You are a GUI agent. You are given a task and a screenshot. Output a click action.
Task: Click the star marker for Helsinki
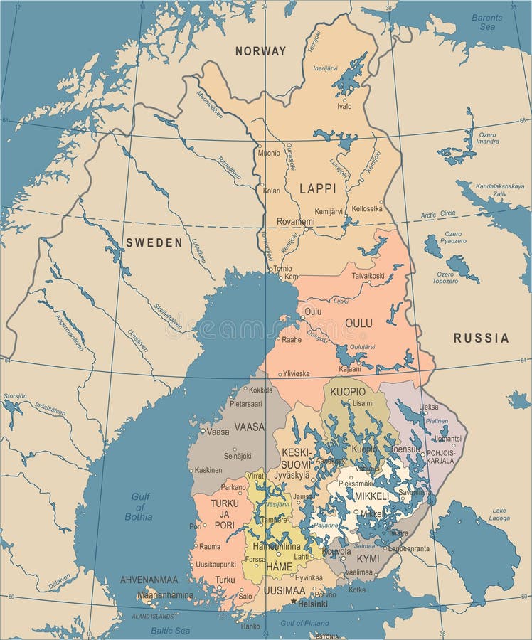point(294,601)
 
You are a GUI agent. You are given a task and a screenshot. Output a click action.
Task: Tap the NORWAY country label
point(260,51)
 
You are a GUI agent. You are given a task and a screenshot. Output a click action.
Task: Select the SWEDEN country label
point(154,242)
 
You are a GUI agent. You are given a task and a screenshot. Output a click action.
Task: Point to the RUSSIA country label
point(482,338)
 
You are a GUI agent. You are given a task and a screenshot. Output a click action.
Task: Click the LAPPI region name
point(317,189)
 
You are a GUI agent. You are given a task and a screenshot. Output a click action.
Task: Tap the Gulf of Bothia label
point(139,507)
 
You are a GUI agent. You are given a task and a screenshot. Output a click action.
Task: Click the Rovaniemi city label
point(295,221)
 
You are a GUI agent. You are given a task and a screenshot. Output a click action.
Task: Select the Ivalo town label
point(344,106)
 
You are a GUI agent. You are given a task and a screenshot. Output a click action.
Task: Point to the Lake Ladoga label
point(499,514)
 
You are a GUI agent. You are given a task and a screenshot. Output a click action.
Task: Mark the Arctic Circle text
point(438,214)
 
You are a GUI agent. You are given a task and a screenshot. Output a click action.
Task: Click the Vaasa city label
point(218,432)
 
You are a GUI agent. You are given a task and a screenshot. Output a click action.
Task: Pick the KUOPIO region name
point(348,392)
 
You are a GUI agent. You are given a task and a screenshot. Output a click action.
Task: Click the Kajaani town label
point(349,370)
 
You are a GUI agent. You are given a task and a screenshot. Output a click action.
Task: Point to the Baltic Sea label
point(170,630)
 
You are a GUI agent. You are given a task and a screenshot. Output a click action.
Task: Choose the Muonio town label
point(269,152)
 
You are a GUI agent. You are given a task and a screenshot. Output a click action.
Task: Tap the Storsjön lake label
point(15,395)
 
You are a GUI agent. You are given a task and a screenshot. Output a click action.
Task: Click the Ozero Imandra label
point(487,138)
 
